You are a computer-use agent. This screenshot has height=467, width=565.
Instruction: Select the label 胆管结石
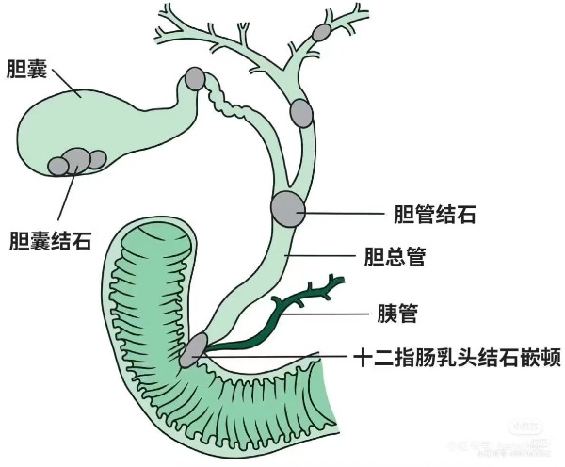point(434,215)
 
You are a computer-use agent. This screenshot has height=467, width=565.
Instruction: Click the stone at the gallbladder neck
point(195,78)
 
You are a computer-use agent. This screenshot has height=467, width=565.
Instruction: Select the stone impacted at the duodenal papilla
point(193,350)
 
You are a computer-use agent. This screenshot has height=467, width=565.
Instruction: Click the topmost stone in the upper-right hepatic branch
point(321,32)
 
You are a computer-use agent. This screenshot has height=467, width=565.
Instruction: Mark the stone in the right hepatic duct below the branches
point(301,113)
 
